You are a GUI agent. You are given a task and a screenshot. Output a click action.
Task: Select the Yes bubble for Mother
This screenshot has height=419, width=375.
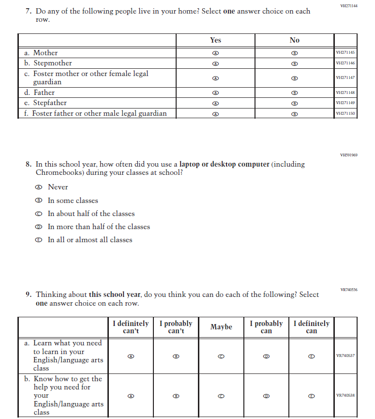216,53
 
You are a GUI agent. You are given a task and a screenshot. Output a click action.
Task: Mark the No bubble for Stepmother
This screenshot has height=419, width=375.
294,63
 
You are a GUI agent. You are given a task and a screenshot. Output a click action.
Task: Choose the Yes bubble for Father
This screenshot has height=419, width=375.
216,93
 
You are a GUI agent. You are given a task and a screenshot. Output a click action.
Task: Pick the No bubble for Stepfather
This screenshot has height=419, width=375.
294,103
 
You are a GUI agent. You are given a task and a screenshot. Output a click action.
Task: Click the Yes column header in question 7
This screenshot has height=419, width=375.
216,40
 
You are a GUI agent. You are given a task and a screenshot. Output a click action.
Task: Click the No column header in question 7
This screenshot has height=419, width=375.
294,40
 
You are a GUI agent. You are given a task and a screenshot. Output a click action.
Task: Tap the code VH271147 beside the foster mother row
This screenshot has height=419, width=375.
345,78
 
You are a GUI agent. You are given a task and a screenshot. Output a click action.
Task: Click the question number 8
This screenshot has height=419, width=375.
29,164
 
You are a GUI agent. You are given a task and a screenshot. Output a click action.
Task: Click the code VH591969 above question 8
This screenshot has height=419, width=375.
349,155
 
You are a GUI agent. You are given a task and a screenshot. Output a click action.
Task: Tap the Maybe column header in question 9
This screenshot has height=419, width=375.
221,327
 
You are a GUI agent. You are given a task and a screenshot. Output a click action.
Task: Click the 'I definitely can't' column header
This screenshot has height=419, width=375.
131,327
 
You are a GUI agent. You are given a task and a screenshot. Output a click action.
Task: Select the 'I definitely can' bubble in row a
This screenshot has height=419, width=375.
312,356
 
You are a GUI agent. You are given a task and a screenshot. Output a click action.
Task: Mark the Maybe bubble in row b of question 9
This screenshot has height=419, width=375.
221,396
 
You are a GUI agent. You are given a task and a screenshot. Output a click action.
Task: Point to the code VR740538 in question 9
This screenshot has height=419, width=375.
345,396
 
